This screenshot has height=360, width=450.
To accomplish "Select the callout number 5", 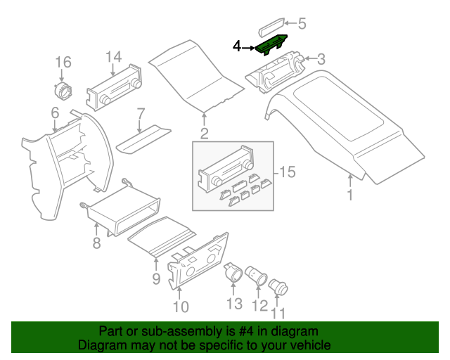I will click(x=302, y=24).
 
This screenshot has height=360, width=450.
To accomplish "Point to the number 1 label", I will click(x=349, y=195).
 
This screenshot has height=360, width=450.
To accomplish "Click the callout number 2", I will click(x=204, y=134).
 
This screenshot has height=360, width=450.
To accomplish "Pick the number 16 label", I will click(x=63, y=61).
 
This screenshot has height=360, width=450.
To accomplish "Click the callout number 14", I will click(x=114, y=57).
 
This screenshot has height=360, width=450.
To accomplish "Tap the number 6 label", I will click(x=54, y=112).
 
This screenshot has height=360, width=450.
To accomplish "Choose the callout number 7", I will click(x=140, y=112).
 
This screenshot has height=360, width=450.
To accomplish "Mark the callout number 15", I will click(x=286, y=172).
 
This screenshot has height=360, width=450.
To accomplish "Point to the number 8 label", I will click(x=96, y=243).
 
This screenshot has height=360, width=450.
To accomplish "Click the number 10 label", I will click(x=180, y=307).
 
